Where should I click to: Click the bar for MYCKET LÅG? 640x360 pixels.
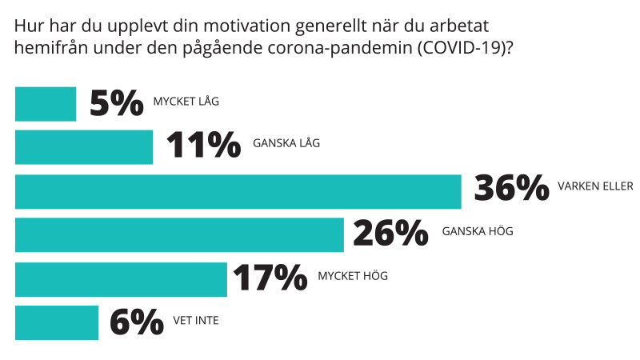tap(46, 104)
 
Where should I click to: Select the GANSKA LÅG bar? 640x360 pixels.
tap(84, 147)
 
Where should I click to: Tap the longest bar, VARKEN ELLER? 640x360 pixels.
tap(238, 190)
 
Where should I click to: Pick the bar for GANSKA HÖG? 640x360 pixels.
tap(179, 234)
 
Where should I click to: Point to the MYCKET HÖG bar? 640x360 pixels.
tap(121, 278)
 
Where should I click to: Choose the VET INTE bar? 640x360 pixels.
tap(57, 322)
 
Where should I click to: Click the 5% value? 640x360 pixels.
tap(117, 103)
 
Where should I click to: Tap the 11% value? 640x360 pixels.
tap(202, 147)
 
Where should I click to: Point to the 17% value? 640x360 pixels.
tap(270, 278)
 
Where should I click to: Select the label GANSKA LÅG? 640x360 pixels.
tap(286, 145)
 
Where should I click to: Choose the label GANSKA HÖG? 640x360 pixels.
tap(478, 232)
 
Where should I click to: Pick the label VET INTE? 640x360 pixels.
tap(196, 321)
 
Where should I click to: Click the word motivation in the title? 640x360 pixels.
tap(230, 26)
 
